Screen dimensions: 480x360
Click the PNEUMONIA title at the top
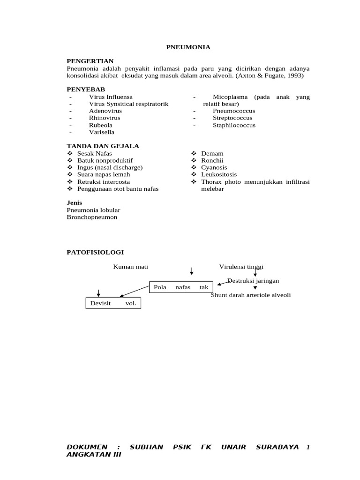[188, 47]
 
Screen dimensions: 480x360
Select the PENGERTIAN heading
[90, 61]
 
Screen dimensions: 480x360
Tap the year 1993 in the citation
[294, 75]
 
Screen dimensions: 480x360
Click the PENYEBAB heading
[86, 90]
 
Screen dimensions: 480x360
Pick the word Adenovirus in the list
[105, 111]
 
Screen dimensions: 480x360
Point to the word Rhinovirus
[105, 118]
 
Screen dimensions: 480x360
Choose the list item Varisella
[102, 132]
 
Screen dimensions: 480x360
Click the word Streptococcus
[233, 118]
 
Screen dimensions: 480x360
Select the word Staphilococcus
[234, 125]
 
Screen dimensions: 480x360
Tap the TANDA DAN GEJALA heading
[103, 146]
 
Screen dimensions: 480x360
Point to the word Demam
[212, 153]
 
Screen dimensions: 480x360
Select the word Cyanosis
[214, 167]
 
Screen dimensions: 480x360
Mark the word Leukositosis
[219, 174]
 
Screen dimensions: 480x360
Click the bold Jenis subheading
[75, 202]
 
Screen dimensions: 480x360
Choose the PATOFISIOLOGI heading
[95, 252]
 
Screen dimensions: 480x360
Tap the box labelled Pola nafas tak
[181, 287]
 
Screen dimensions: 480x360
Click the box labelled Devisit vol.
[113, 303]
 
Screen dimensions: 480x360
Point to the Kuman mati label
[130, 267]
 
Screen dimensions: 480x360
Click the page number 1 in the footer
[308, 447]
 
